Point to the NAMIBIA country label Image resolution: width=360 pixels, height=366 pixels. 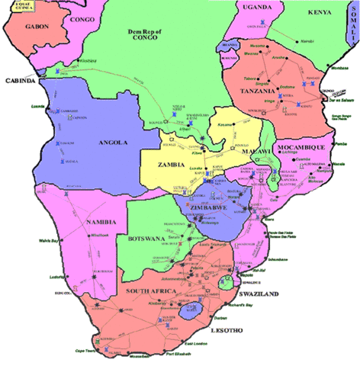[100, 222]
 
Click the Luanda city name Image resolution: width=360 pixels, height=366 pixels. [38, 107]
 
